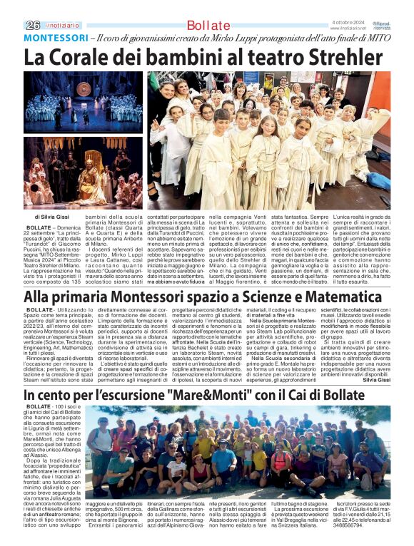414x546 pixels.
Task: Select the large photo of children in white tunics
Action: click(268, 140)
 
